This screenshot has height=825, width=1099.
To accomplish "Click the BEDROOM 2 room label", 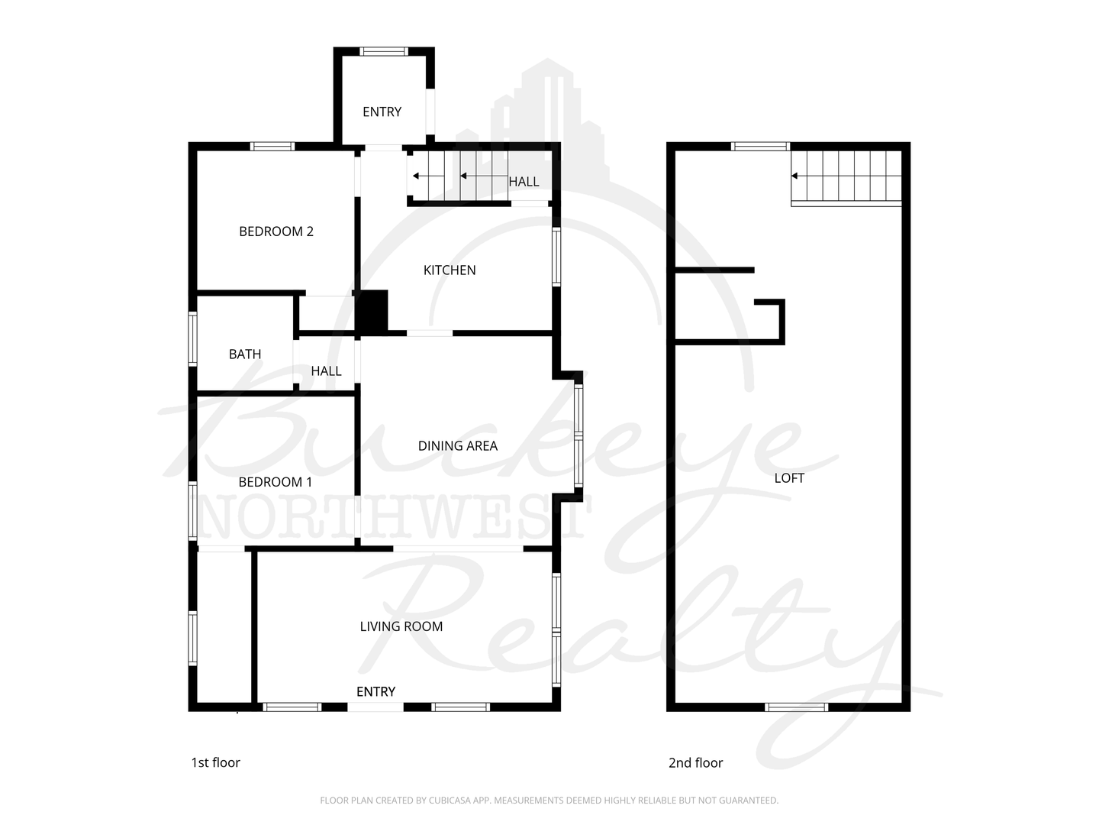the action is pos(276,231).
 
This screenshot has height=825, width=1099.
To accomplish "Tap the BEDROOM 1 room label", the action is pos(275,482).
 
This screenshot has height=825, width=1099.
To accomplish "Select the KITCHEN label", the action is pos(449,270).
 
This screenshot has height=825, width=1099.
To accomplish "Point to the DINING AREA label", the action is pos(457,446).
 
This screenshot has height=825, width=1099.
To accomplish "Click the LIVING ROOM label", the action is pos(401,626).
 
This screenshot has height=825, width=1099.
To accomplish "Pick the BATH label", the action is pos(245,354).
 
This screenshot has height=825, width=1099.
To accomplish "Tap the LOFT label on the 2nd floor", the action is pos(789,478).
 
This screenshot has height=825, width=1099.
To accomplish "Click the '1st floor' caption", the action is pos(215,762).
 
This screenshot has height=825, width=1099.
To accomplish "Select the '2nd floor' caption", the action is pos(695,763).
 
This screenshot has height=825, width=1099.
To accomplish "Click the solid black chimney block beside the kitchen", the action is pos(371,311).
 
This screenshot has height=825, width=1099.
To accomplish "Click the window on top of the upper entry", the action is pos(384,51).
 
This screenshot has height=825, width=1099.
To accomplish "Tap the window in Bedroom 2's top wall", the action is pos(272,146).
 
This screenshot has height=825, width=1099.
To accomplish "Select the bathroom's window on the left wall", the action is pos(192,338).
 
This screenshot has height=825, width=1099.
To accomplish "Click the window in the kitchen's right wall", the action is pos(556,257).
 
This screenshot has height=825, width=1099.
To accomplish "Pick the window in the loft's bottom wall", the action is pos(796,707).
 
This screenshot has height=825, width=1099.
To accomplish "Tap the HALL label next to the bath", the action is pos(326,371).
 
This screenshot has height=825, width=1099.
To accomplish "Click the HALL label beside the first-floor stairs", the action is pos(524,182).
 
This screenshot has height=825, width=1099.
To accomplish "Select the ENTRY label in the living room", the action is pos(375,692).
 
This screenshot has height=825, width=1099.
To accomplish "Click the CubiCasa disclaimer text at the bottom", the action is pos(549,801).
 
